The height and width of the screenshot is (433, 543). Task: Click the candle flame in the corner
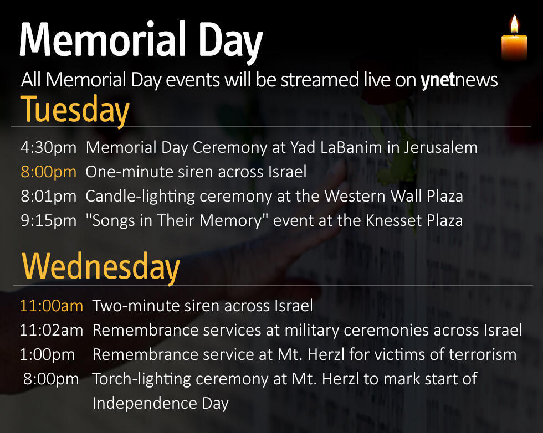point(514,25)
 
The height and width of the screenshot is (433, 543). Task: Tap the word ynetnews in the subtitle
point(459,80)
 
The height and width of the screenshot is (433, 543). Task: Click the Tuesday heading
point(75,110)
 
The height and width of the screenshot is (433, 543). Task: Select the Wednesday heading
point(101,267)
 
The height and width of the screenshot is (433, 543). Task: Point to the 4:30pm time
point(49,148)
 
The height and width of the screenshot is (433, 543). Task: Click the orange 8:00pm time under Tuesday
point(49,172)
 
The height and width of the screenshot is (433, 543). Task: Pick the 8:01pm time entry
point(49,197)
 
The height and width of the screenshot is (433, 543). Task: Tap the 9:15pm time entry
point(49,221)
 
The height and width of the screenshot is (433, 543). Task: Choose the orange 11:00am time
point(52,306)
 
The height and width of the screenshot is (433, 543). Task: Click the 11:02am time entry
point(52,331)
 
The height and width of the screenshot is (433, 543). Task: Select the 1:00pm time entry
point(48,355)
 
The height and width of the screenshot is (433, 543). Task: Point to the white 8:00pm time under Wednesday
point(50,379)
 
